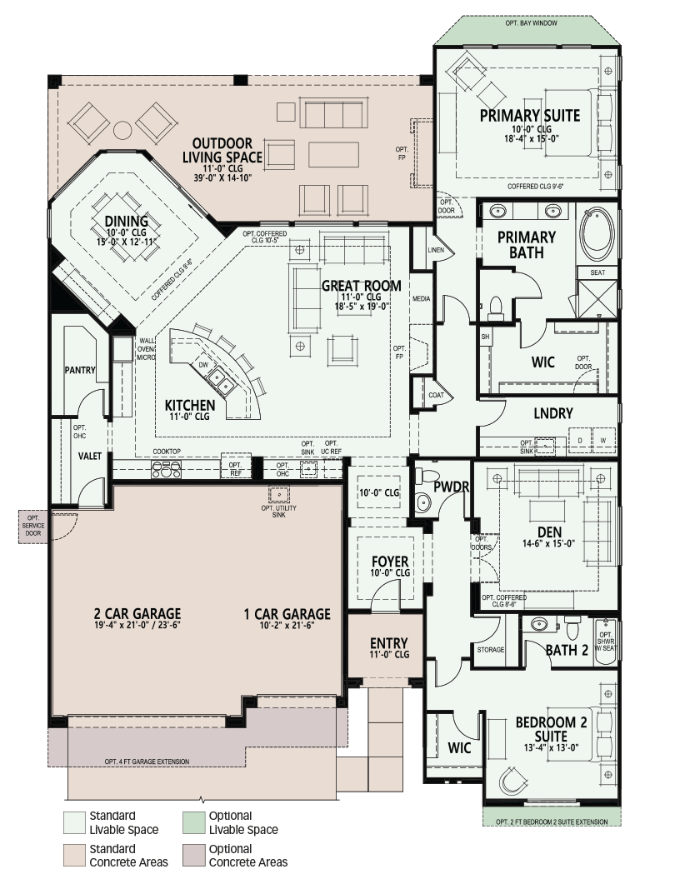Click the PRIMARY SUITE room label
529,116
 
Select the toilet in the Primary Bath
495,307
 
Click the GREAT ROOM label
361,286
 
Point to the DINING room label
126,222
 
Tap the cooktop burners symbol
167,469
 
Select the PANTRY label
80,370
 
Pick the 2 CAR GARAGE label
137,613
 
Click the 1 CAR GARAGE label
287,614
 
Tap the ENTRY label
389,643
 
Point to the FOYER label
390,562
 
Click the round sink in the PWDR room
422,502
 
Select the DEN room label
549,532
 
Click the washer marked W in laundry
603,441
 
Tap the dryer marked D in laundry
580,441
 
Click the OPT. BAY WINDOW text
531,23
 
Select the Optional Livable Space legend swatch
193,822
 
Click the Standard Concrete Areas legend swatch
74,856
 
